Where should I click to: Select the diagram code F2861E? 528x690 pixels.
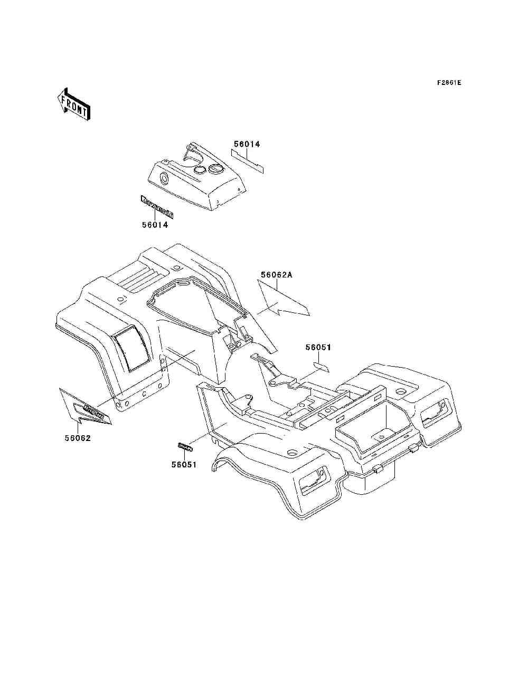449,83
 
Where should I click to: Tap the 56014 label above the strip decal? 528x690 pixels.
247,143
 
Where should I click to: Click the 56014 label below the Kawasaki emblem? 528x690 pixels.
155,225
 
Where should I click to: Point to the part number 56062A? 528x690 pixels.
276,275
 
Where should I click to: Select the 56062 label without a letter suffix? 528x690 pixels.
78,438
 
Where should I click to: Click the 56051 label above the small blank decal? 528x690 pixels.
319,347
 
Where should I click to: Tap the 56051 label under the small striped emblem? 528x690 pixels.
184,465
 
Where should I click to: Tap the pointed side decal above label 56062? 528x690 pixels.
87,407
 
